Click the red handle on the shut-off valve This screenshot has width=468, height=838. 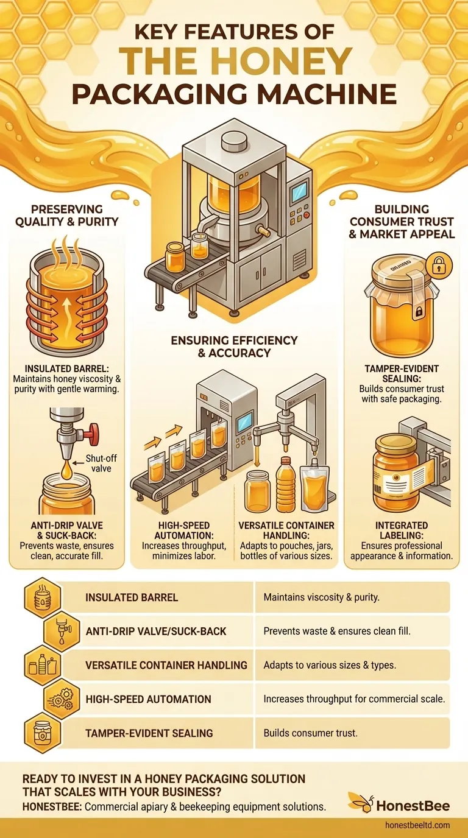pyautogui.click(x=93, y=434)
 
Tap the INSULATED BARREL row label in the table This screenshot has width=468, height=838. pyautogui.click(x=132, y=597)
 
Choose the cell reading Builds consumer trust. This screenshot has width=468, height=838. pyautogui.click(x=310, y=733)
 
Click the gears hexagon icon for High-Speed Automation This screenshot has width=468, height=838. pyautogui.click(x=61, y=699)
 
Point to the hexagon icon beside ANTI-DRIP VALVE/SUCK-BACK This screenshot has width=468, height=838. pyautogui.click(x=61, y=632)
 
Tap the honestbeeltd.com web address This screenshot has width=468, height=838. pyautogui.click(x=417, y=825)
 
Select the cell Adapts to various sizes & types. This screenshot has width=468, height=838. pyautogui.click(x=330, y=665)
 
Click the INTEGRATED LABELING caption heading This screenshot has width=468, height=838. pyautogui.click(x=402, y=530)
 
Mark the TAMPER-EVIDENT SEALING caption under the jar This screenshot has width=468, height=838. pyautogui.click(x=402, y=374)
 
